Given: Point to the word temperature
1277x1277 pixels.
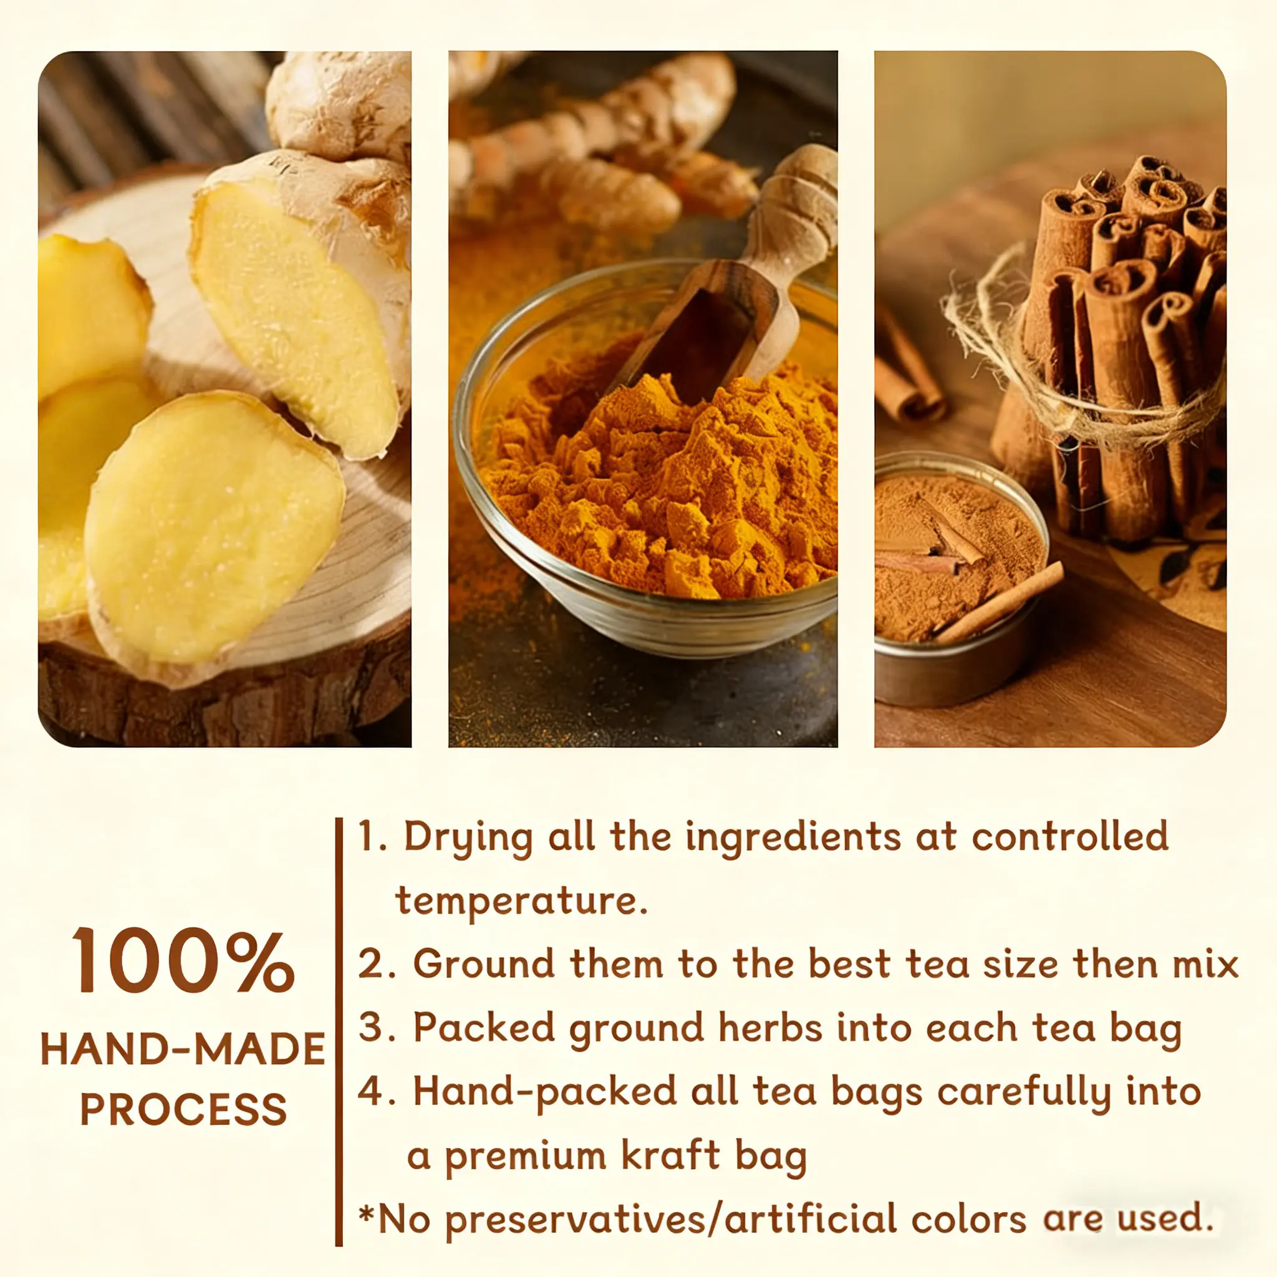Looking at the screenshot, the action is coord(521,902).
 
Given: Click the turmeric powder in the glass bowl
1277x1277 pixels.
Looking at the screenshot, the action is coord(661,489).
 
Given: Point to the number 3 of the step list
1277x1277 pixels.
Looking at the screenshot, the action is coord(372,1027).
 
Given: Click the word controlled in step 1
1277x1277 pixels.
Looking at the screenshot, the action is coord(1070,836).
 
